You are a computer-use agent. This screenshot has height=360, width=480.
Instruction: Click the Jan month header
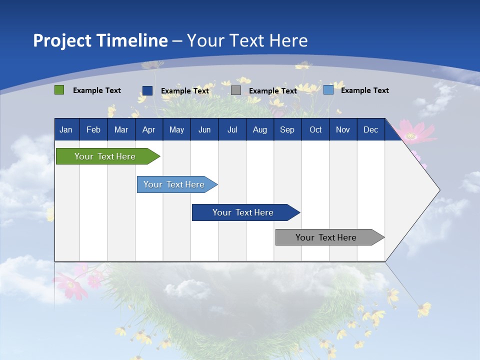(x=66, y=129)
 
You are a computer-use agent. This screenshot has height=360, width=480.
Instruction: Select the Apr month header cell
(x=149, y=129)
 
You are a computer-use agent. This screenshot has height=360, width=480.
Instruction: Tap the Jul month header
(x=232, y=129)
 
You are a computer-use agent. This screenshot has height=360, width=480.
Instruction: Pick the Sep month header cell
(x=287, y=129)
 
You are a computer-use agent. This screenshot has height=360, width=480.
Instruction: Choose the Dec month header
(x=370, y=129)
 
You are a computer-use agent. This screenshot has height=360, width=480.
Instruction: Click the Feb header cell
(x=93, y=129)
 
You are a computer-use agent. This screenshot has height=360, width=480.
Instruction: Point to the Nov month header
(x=343, y=129)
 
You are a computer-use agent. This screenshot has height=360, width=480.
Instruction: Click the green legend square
(x=59, y=90)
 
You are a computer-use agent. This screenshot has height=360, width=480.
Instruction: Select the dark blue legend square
(x=147, y=90)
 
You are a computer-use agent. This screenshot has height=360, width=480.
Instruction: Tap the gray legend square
(x=236, y=90)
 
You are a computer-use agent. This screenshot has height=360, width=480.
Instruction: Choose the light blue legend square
(x=328, y=90)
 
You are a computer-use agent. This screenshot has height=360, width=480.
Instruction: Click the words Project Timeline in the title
(x=100, y=40)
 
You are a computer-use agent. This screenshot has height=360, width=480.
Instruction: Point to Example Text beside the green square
(x=97, y=90)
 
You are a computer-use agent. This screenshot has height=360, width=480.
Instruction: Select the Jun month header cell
(x=204, y=129)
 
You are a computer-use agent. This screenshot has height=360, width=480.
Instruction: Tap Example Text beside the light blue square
(x=365, y=90)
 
